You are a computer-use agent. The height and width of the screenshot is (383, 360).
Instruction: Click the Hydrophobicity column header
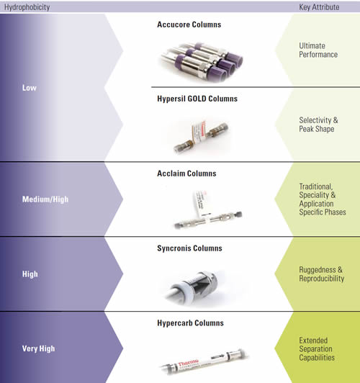[27, 7]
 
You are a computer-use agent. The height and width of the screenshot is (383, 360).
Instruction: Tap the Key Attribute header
[319, 7]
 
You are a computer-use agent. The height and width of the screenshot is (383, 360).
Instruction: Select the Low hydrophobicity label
[30, 88]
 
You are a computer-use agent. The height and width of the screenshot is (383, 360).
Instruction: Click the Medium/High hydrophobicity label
[45, 199]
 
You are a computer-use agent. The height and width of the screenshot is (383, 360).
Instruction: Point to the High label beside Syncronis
[30, 274]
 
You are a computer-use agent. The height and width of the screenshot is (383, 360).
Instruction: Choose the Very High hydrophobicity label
[39, 348]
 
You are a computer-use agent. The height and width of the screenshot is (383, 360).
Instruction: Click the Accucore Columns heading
[189, 24]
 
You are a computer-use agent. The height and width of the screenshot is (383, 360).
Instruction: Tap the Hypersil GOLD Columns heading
[197, 99]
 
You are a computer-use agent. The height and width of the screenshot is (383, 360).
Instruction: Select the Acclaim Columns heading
[186, 174]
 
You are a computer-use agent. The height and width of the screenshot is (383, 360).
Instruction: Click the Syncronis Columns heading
[189, 248]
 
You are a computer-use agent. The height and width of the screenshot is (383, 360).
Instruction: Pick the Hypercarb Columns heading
[190, 323]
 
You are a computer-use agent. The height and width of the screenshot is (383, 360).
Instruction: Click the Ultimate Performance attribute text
[318, 50]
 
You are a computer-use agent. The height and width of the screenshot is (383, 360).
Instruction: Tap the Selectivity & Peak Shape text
[318, 125]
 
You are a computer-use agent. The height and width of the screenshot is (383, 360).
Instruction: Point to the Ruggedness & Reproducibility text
[322, 274]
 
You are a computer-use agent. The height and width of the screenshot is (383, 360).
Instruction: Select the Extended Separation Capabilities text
[317, 348]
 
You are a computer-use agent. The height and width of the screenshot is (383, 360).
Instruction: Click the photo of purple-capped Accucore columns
[202, 61]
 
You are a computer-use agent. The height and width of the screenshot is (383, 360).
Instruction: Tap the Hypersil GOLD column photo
[201, 136]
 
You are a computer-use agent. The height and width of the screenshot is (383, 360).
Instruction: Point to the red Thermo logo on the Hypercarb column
[189, 363]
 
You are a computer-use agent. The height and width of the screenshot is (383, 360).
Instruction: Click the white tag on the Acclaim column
[202, 205]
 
